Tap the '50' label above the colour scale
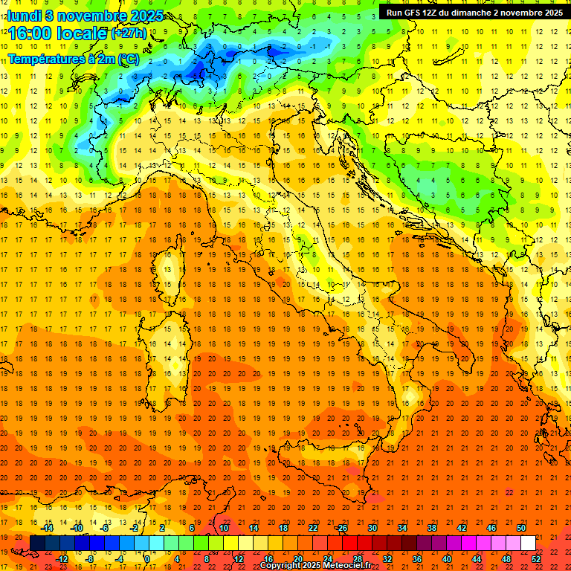[521, 528]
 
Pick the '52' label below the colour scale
[536, 558]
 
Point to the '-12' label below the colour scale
[62, 558]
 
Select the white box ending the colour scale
[528, 543]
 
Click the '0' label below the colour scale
[147, 558]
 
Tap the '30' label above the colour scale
[372, 528]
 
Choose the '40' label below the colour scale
[446, 558]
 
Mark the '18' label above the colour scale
[283, 528]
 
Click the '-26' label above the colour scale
[341, 528]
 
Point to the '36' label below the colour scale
[416, 558]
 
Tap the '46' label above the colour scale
[491, 528]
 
